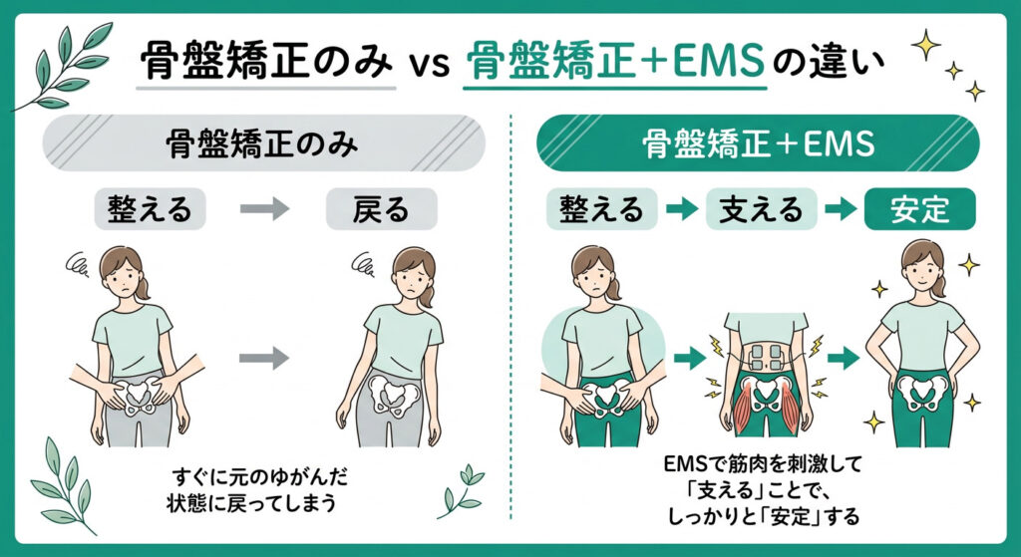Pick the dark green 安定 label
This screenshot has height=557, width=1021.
919,209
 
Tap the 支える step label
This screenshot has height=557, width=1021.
762,209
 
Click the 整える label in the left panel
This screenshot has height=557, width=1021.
150,209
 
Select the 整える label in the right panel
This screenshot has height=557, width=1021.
601,209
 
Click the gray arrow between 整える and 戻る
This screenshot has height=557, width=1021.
265,209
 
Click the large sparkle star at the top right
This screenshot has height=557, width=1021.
923,42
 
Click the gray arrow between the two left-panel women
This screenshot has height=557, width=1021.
266,354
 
